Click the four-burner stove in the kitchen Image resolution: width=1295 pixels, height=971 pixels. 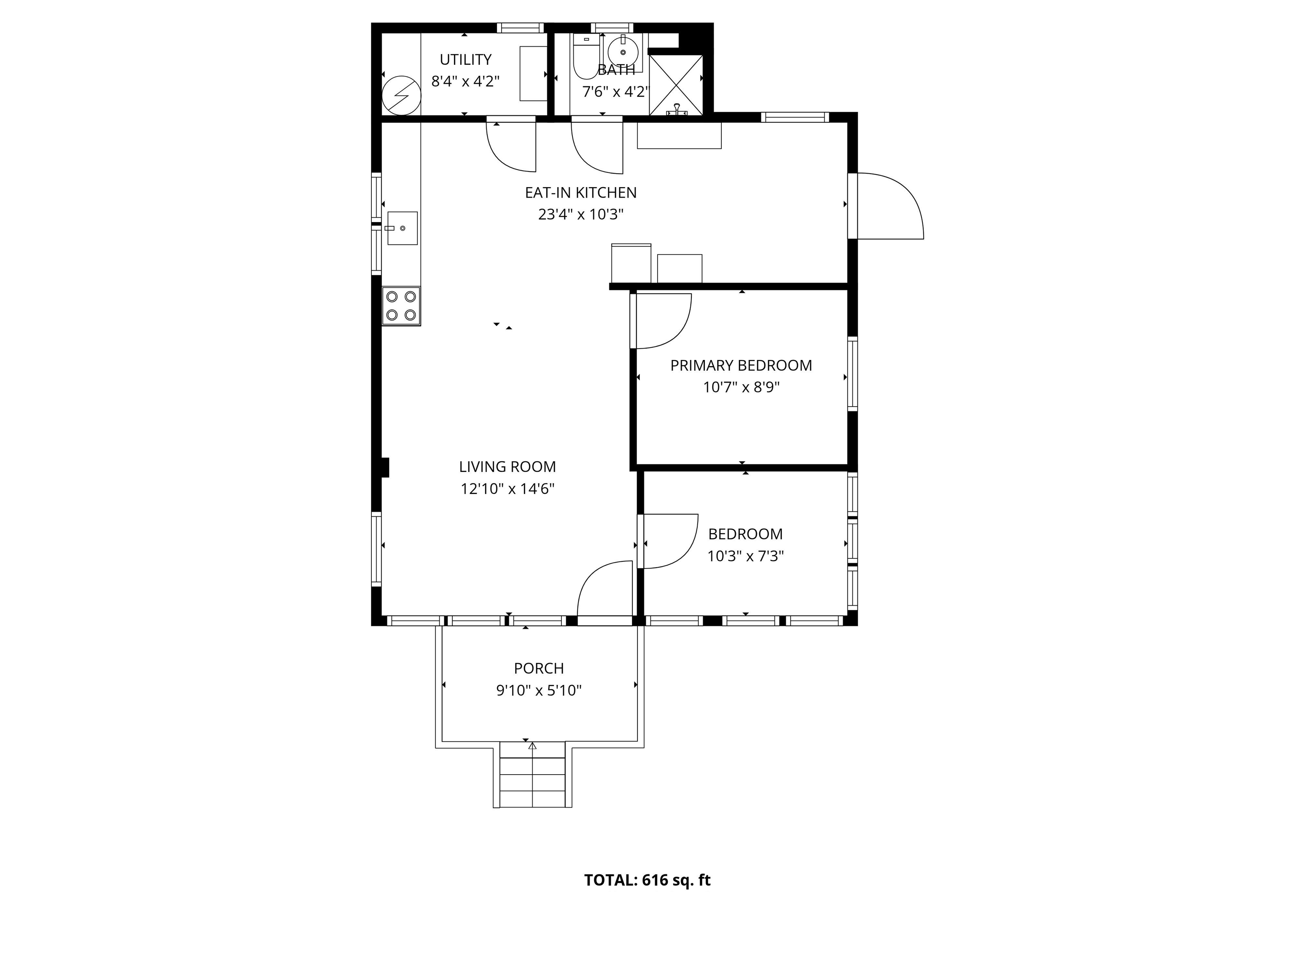click(401, 306)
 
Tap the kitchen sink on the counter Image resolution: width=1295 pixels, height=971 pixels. click(402, 228)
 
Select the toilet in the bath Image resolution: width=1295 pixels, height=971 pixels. click(584, 59)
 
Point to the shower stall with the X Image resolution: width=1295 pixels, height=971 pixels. click(676, 84)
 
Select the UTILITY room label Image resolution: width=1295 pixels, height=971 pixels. click(465, 60)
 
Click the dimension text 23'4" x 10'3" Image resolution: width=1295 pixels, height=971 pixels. click(581, 215)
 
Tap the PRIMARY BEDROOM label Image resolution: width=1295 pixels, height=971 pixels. click(741, 366)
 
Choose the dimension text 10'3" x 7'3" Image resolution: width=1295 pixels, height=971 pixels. click(745, 556)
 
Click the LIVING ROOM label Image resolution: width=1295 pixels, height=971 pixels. click(507, 467)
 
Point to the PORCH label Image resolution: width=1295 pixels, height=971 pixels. click(539, 668)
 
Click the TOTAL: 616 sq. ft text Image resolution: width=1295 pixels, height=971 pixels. click(647, 880)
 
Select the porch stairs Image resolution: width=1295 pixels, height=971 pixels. click(532, 775)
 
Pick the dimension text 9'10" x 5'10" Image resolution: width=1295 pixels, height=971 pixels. click(539, 691)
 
